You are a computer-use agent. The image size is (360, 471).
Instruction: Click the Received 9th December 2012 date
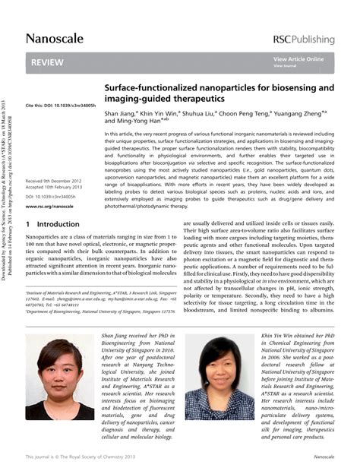[x=53, y=181]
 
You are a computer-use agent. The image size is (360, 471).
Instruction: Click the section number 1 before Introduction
[x=28, y=225]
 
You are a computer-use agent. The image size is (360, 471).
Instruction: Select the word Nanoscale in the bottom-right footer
[x=324, y=457]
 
